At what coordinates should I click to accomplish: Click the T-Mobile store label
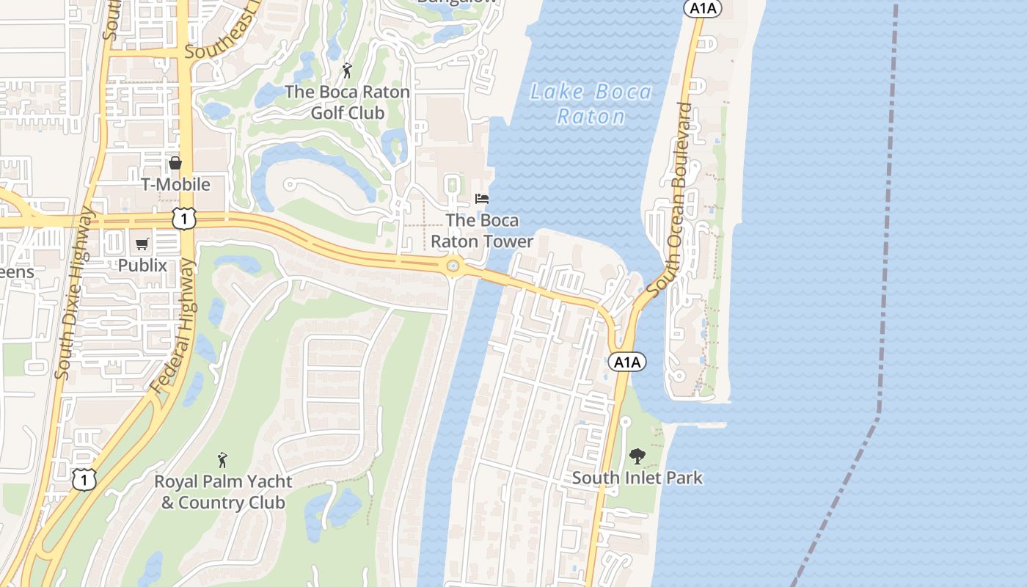176,184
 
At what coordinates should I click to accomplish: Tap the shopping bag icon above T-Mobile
175,163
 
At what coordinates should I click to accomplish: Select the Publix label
143,265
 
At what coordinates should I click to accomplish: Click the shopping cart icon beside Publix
142,244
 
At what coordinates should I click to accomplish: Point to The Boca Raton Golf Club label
347,102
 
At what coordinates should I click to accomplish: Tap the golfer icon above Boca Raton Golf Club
347,71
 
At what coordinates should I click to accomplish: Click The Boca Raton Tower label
482,230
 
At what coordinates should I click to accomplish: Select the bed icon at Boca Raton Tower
482,199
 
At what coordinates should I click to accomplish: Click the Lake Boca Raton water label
591,103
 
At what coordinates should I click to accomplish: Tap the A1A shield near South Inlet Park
627,362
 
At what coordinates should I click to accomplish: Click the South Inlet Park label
637,478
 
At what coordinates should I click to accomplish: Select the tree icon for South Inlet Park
637,456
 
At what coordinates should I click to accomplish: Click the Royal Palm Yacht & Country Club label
223,492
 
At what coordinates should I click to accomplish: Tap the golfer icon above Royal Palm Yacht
222,461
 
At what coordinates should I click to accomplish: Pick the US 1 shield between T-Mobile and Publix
185,217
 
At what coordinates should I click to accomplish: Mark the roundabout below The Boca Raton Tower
453,266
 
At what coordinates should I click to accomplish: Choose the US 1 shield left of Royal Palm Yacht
84,479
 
